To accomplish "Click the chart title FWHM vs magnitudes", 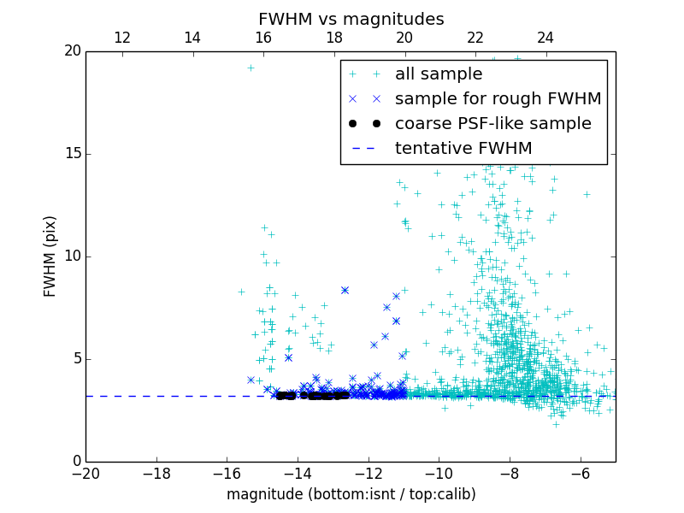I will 351,19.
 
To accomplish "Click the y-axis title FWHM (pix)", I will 50,256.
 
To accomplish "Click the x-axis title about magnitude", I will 351,494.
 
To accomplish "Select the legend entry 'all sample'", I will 439,74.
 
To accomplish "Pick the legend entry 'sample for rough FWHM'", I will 498,99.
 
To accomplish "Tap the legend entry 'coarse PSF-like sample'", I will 492,124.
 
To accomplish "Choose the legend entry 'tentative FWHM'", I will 463,149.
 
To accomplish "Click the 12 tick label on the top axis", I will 121,38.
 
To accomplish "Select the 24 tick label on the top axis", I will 545,38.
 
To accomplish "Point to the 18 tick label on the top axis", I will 333,38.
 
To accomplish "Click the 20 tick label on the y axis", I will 72,51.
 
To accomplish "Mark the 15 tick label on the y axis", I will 72,154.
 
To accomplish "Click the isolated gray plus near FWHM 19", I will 251,68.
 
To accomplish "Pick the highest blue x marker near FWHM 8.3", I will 345,290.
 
